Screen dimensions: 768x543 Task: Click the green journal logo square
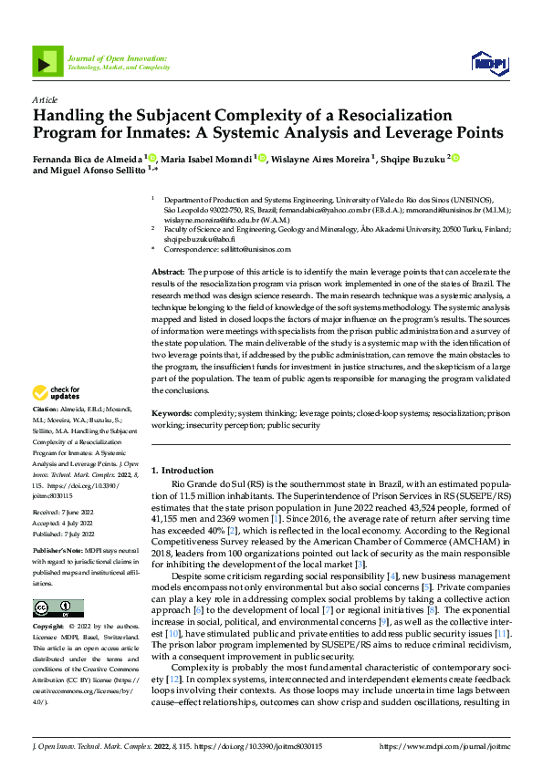48,61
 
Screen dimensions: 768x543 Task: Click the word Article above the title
45,99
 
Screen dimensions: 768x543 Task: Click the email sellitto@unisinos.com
245,248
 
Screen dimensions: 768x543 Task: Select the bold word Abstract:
168,272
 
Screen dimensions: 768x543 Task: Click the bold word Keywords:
172,413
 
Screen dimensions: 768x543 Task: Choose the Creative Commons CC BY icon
57,608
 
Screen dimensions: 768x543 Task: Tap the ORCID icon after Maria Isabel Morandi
262,159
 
